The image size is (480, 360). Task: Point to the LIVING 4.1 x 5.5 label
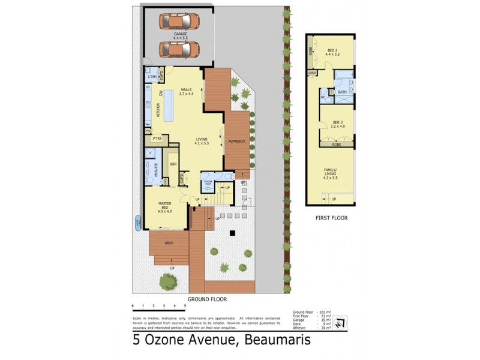(201, 142)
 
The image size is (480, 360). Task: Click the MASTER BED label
(165, 208)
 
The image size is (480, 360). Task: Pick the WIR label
(173, 164)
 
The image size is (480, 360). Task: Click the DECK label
(169, 242)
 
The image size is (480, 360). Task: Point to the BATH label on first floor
(341, 92)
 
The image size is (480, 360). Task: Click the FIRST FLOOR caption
(332, 218)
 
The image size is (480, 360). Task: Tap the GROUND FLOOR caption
(207, 298)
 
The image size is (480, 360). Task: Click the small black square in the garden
(232, 233)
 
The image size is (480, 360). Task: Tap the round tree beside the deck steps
(167, 280)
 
